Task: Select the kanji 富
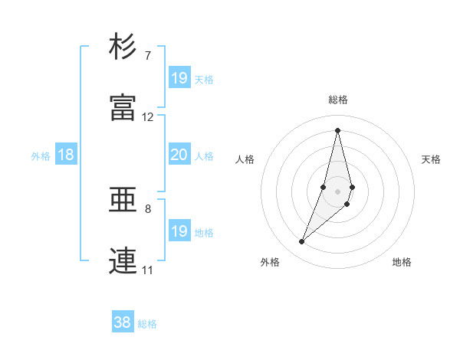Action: click(x=123, y=107)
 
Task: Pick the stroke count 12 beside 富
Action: click(x=148, y=117)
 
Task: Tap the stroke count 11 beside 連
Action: click(x=147, y=270)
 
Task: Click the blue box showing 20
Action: click(x=179, y=155)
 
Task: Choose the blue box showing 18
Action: click(x=66, y=155)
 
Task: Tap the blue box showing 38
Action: click(x=122, y=322)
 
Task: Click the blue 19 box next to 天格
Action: click(x=179, y=78)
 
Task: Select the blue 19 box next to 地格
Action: click(x=179, y=231)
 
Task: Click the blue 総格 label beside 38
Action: click(x=147, y=324)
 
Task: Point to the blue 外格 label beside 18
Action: click(x=41, y=156)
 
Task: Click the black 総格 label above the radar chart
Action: click(x=338, y=100)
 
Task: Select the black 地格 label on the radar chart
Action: click(x=402, y=262)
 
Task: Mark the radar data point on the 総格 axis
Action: click(x=337, y=129)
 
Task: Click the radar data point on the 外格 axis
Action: click(x=301, y=242)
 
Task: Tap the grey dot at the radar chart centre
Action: click(x=337, y=191)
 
